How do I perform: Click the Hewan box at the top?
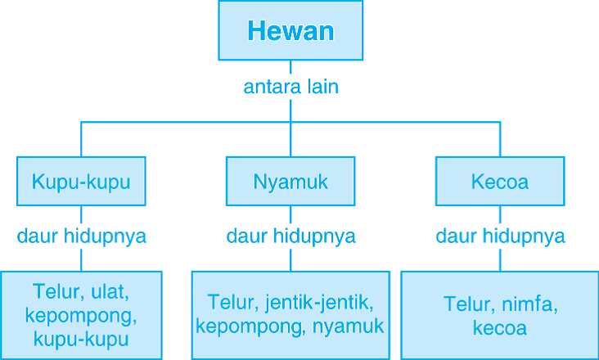pos(290,31)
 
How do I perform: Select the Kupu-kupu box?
pos(81,182)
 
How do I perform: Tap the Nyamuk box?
pos(290,182)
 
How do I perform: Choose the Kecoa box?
pos(500,182)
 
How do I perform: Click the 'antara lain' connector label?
pos(290,87)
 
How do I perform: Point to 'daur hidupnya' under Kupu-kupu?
pos(81,237)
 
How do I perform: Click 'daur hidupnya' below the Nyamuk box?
pos(290,237)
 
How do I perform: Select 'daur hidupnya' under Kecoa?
pos(500,237)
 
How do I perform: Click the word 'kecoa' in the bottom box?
pos(500,329)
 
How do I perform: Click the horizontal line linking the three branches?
pos(188,123)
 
